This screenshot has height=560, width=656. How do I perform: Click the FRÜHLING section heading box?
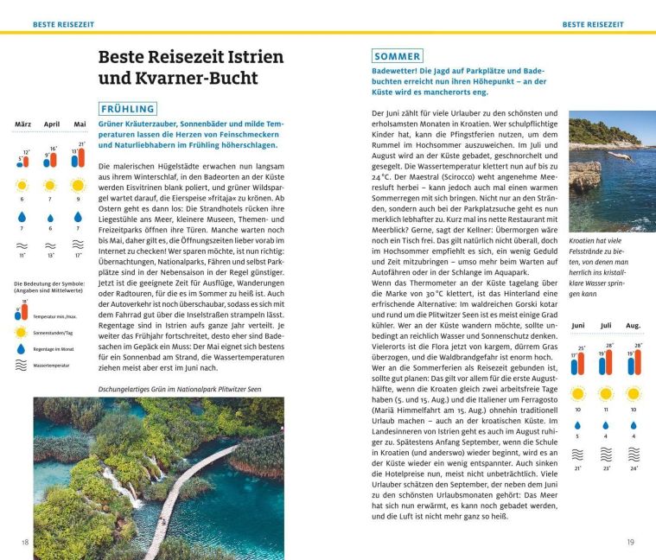click(128, 109)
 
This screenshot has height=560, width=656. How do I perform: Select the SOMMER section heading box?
click(398, 56)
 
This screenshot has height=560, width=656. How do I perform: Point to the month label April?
click(51, 124)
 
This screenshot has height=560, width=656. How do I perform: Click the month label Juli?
click(606, 326)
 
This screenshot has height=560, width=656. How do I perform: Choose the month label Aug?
click(634, 326)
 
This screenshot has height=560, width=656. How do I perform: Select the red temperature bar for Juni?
click(581, 363)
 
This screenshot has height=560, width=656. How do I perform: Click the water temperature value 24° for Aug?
click(635, 468)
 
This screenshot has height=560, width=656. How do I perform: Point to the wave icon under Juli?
click(606, 454)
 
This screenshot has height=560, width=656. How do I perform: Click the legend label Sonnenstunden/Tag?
click(54, 332)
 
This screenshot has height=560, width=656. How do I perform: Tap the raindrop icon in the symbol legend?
click(20, 349)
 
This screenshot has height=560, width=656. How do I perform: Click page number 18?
click(25, 542)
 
